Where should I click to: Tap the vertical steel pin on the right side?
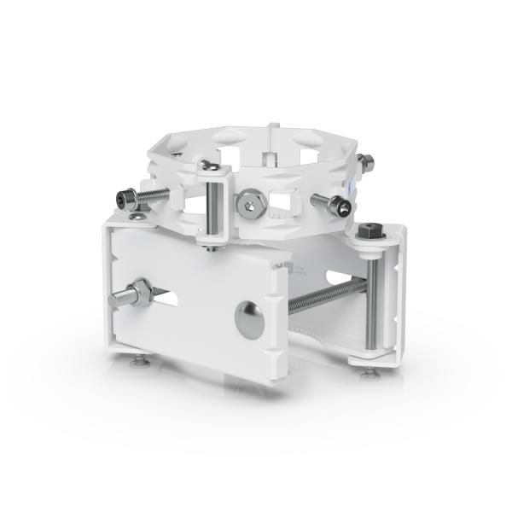372,299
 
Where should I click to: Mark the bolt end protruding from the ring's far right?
364,160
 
